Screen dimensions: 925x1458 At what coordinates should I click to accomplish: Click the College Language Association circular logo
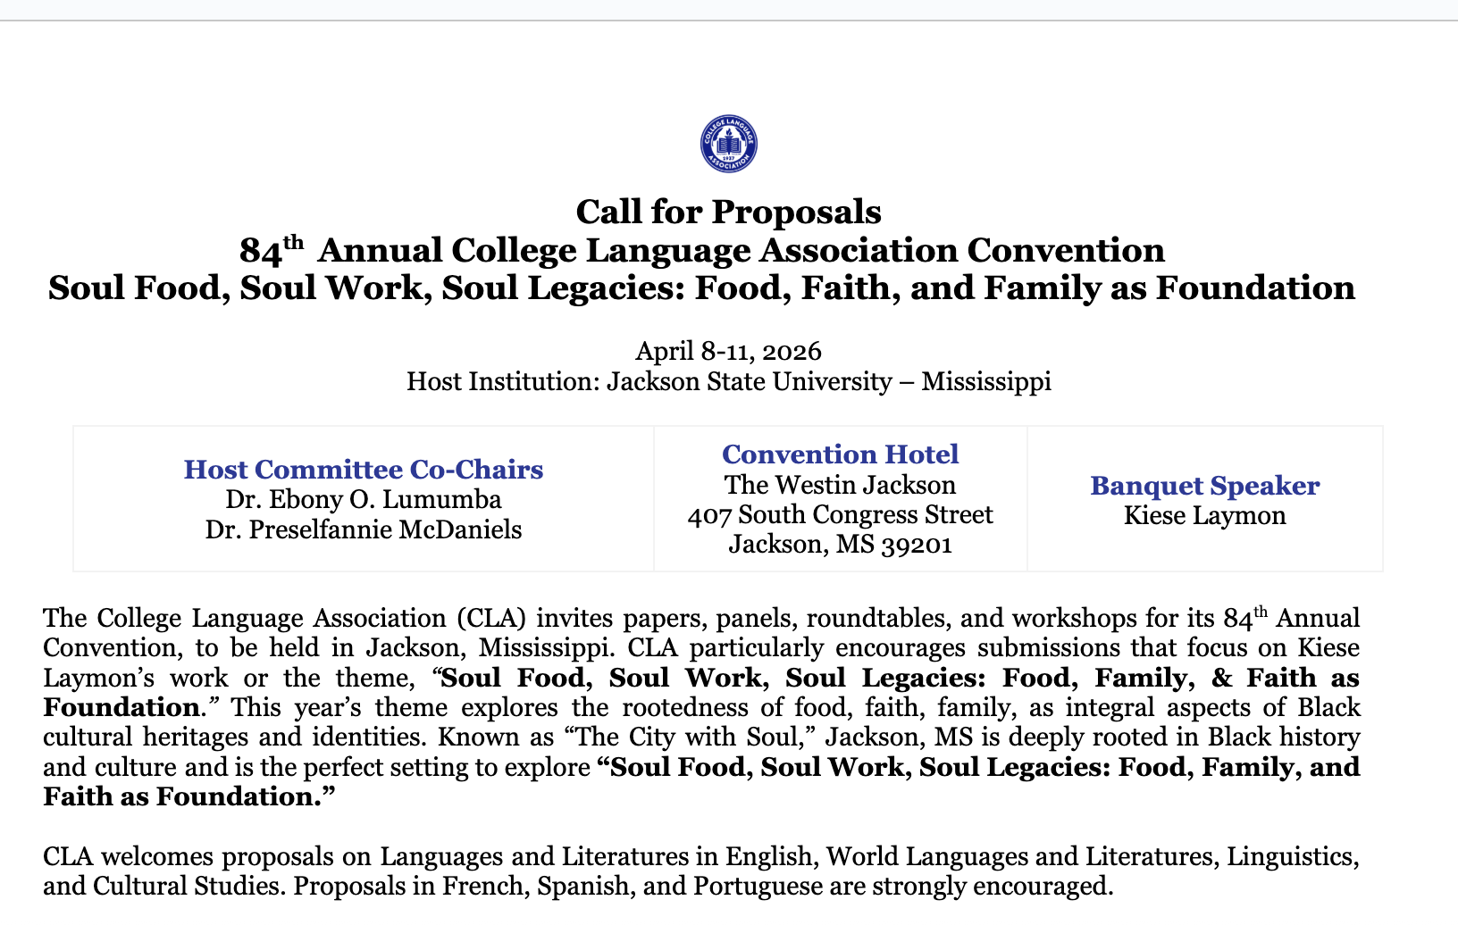click(x=728, y=144)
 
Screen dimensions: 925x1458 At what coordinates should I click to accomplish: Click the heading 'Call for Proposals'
click(x=728, y=212)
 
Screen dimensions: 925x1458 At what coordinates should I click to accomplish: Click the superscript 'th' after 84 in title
click(x=294, y=242)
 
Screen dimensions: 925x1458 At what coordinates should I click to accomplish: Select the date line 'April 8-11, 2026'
click(x=728, y=351)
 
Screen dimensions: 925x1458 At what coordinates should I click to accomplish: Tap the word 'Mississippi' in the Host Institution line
click(x=985, y=382)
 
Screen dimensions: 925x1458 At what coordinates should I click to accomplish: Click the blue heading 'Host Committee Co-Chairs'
click(x=364, y=470)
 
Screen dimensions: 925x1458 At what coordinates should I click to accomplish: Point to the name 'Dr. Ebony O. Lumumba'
click(x=364, y=499)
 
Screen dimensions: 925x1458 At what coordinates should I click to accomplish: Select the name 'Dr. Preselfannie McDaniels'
click(x=364, y=529)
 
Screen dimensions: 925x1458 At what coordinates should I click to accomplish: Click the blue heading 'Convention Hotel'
click(x=840, y=454)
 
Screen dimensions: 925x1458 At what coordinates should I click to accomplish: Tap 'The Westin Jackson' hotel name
click(x=840, y=485)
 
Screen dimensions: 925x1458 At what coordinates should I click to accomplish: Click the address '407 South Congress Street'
click(x=840, y=515)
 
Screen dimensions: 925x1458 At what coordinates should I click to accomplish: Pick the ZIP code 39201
click(x=917, y=545)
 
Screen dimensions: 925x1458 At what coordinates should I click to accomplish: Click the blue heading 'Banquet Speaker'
click(x=1204, y=486)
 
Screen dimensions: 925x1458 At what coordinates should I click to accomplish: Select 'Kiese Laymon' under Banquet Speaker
click(x=1204, y=516)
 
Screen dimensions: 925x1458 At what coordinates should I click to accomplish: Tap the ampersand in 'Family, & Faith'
click(x=1221, y=678)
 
